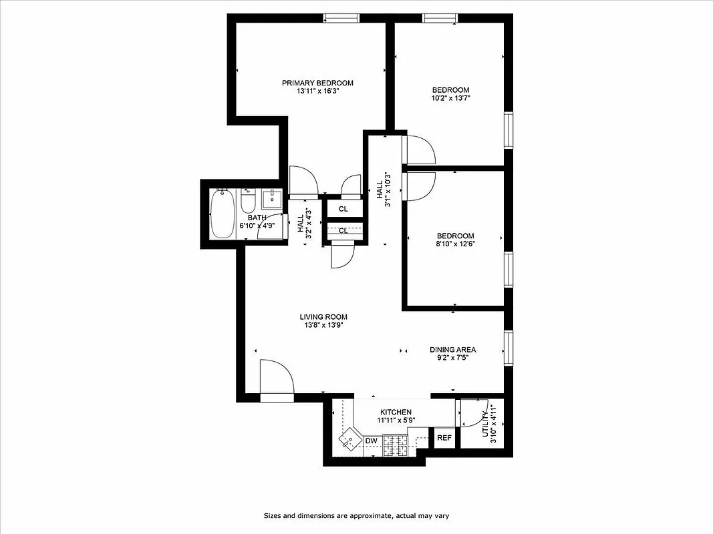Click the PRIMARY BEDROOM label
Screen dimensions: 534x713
[317, 83]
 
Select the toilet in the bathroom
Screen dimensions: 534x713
[248, 201]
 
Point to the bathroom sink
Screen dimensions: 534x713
[271, 198]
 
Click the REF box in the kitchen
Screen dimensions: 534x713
[444, 439]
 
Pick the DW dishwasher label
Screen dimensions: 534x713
[372, 441]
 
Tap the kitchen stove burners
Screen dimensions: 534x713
[395, 445]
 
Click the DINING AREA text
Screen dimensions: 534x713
[452, 349]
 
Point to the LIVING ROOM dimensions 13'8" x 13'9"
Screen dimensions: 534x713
[323, 326]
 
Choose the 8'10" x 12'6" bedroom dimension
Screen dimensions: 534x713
[455, 244]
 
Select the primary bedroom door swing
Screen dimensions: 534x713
[304, 182]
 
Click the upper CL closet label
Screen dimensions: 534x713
[343, 209]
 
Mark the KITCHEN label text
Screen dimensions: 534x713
[396, 412]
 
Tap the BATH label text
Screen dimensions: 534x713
[257, 218]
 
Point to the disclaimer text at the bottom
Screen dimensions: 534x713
[355, 516]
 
